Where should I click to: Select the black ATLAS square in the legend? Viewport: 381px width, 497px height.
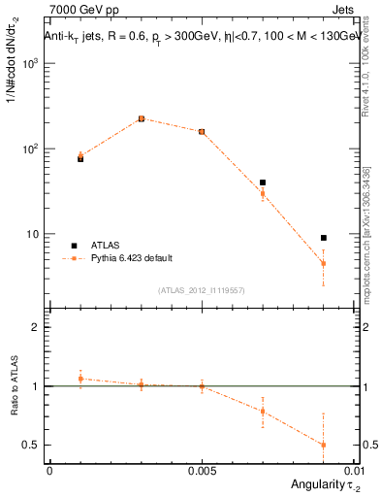tap(73, 245)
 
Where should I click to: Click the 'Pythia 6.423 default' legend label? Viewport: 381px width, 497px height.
tap(131, 258)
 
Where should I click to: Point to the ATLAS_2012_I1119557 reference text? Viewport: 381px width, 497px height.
tap(201, 289)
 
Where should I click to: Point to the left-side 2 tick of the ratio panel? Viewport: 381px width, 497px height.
tap(37, 327)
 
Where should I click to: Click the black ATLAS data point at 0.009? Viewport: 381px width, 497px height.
tap(324, 238)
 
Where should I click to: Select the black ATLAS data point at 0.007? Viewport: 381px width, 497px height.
tap(263, 182)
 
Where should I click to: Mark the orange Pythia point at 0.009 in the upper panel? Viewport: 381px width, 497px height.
tap(324, 264)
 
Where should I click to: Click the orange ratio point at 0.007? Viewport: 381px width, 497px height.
tap(263, 411)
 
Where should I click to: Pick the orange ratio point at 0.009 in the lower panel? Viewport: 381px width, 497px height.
tap(324, 445)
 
